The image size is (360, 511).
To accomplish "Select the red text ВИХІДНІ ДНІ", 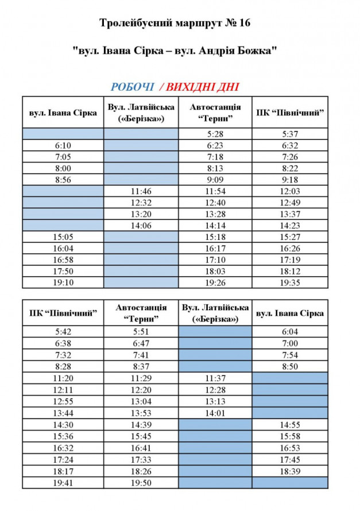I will click(202, 87).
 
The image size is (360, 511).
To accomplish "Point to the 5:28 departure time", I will click(215, 134).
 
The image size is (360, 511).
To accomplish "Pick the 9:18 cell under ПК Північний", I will click(289, 179).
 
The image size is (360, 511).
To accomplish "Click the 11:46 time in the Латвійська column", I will click(141, 191).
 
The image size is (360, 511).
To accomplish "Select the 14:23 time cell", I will click(289, 226).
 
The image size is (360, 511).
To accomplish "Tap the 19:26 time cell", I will click(215, 282).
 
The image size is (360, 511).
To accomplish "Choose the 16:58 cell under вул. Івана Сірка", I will click(63, 260).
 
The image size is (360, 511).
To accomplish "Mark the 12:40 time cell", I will click(215, 202).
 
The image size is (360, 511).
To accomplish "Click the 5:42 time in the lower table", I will click(63, 331).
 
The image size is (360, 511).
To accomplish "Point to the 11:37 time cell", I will click(215, 378).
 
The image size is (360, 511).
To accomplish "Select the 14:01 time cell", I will click(215, 412).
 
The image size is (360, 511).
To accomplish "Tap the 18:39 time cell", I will click(289, 471).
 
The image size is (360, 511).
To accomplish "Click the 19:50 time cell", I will click(141, 483).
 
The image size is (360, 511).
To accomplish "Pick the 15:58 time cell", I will click(289, 436).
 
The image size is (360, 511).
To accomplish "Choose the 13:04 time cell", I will click(141, 401).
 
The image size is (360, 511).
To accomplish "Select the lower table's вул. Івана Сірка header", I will click(289, 313).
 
